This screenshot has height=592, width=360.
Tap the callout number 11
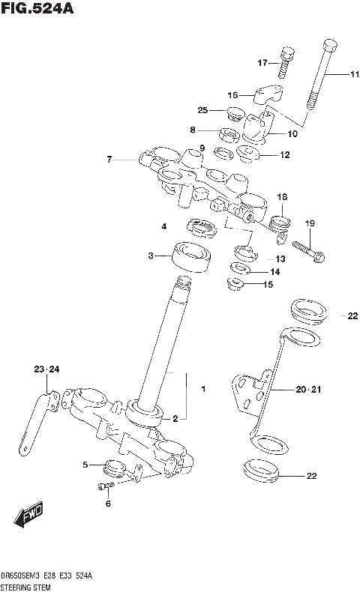pyautogui.click(x=353, y=74)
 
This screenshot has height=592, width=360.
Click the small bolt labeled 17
pyautogui.click(x=284, y=62)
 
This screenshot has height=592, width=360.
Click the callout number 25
pyautogui.click(x=202, y=111)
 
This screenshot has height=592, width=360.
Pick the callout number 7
pyautogui.click(x=109, y=159)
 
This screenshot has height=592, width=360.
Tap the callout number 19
pyautogui.click(x=309, y=223)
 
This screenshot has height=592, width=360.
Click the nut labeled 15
pyautogui.click(x=234, y=284)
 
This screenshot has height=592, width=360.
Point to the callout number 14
pyautogui.click(x=274, y=271)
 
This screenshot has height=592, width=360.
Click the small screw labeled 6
pyautogui.click(x=106, y=487)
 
